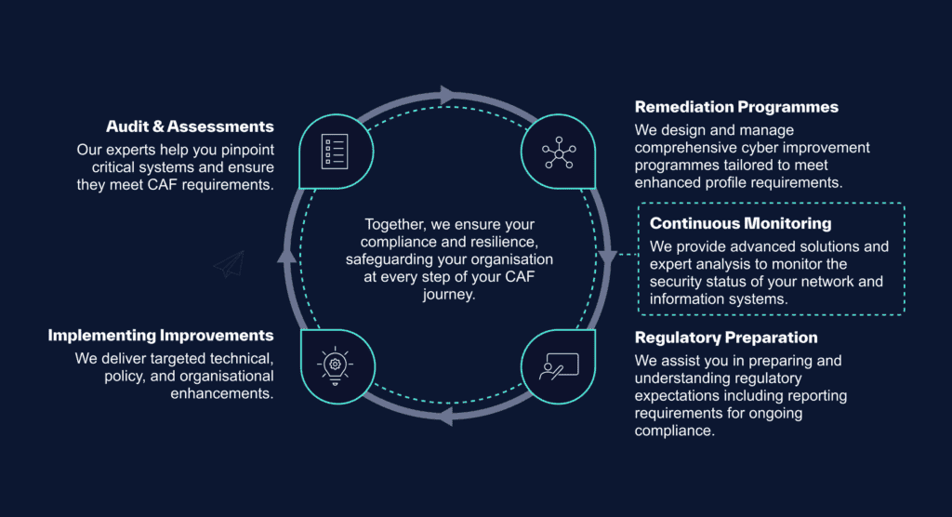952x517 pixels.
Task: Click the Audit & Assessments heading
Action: click(190, 126)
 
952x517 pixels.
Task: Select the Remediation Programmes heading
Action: click(736, 107)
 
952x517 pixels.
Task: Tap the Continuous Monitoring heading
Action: click(741, 223)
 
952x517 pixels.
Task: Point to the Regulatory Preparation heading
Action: click(726, 338)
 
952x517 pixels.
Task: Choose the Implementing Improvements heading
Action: click(161, 336)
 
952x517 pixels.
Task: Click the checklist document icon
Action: click(335, 152)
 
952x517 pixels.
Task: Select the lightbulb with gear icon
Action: click(335, 365)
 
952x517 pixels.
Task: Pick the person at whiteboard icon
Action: click(559, 366)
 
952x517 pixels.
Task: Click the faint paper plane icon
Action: click(230, 264)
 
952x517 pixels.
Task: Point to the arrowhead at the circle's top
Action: click(448, 95)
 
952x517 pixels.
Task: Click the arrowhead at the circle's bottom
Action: click(445, 417)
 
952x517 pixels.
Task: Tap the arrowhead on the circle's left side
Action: click(287, 256)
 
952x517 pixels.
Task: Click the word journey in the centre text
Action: click(449, 295)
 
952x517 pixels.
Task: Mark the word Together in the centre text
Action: click(395, 224)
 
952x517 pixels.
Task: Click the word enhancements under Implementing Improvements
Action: click(221, 393)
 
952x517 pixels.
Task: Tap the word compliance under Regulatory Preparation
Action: click(675, 431)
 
